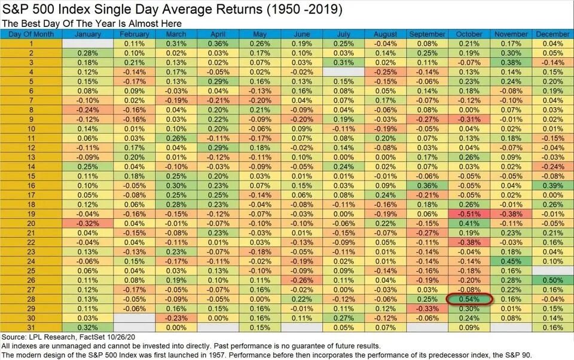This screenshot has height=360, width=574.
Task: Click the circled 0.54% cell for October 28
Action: click(469, 298)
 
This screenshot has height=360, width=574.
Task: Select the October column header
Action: click(469, 34)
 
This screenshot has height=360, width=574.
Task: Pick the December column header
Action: click(551, 34)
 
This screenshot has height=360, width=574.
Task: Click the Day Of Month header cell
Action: click(31, 34)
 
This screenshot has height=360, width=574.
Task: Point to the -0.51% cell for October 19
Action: click(469, 213)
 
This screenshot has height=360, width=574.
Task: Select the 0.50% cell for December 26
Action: click(551, 279)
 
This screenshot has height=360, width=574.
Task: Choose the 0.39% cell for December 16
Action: click(551, 185)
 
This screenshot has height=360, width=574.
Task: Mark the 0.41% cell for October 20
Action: click(469, 222)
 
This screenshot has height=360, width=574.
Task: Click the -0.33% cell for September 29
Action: click(428, 308)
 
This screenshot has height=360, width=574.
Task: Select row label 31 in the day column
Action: click(31, 327)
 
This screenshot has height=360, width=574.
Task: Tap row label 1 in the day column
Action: click(31, 44)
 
